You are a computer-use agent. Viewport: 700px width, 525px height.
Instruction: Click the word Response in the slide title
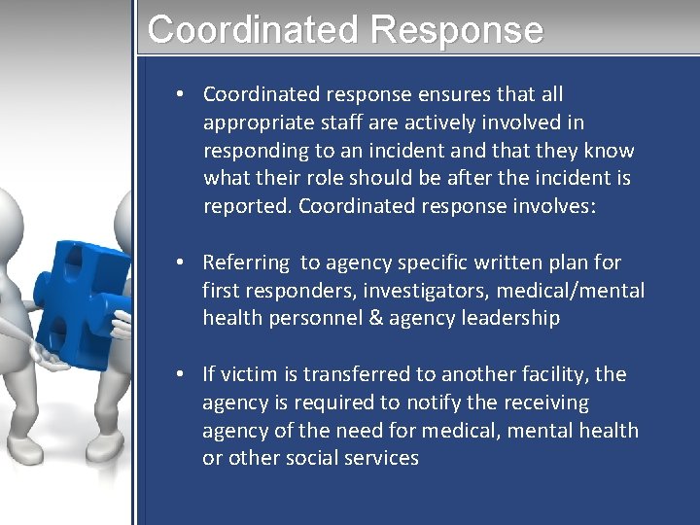click(456, 29)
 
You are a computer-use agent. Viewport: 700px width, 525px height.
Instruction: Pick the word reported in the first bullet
click(247, 206)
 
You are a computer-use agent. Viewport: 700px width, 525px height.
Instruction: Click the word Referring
click(246, 262)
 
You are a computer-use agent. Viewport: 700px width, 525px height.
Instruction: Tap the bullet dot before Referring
click(182, 262)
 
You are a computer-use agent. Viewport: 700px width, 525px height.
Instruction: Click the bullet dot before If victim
click(182, 374)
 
